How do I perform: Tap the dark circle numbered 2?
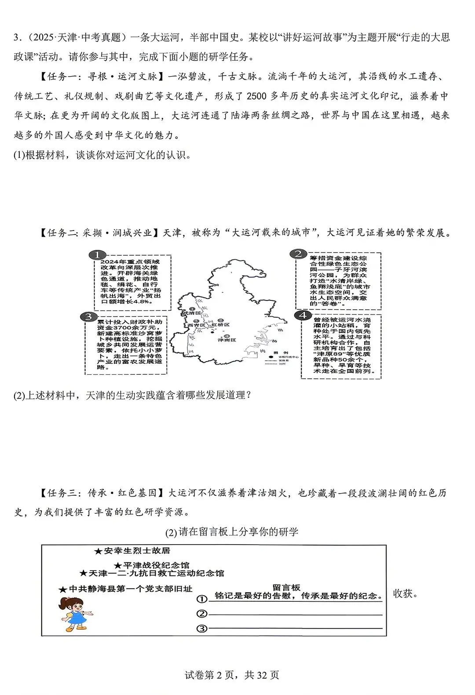(298, 254)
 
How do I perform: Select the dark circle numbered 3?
(88, 317)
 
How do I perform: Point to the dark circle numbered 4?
(303, 315)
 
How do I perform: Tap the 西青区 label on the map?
(196, 325)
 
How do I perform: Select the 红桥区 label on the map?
(221, 325)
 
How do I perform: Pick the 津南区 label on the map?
(227, 340)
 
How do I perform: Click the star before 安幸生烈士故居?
(98, 551)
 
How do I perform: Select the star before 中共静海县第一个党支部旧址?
(63, 589)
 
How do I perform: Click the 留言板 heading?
(286, 587)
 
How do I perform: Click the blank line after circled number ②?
(295, 614)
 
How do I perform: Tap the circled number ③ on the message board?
(201, 629)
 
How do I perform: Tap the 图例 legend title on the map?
(278, 352)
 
